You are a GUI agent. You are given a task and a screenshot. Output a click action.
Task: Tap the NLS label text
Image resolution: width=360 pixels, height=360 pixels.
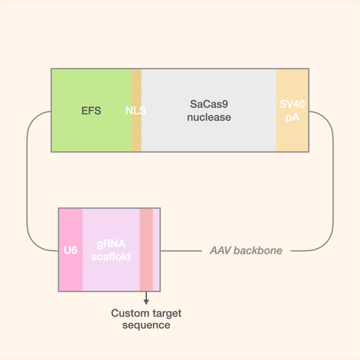point(136,111)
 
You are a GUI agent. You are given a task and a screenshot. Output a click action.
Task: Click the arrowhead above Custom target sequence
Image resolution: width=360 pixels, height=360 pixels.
point(146,302)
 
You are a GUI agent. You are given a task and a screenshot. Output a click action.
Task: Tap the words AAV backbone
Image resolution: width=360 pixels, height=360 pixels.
point(246,251)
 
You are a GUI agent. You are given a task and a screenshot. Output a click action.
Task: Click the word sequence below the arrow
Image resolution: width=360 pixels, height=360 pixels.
point(146,325)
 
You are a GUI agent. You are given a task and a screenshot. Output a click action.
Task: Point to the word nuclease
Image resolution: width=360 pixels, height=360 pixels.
point(209,117)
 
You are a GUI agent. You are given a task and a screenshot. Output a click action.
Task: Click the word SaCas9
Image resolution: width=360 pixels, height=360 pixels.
point(209,104)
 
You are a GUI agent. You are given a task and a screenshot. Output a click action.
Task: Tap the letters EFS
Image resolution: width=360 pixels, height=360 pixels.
point(91,111)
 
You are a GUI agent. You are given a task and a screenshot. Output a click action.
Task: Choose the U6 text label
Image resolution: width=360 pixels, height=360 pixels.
point(71,250)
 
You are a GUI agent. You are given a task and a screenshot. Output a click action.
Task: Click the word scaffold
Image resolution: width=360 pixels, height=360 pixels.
point(111,257)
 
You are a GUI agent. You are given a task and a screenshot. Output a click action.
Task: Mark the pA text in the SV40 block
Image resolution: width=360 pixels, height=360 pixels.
point(292,118)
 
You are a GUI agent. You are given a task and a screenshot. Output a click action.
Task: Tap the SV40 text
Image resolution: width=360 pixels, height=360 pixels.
point(292,104)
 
